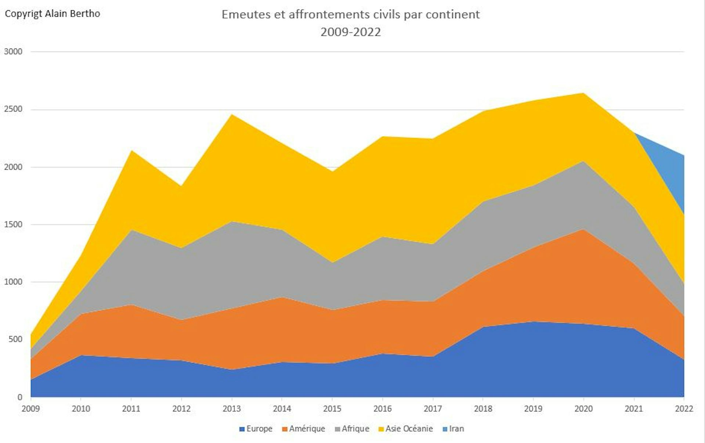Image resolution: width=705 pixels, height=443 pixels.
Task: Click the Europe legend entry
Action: point(256,429)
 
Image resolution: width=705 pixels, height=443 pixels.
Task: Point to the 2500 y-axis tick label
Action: point(13,109)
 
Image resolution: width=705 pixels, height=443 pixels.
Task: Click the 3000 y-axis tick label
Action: point(13,51)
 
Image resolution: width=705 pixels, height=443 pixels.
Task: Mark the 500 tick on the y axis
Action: point(15,339)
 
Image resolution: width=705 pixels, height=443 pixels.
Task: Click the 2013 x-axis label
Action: point(232,408)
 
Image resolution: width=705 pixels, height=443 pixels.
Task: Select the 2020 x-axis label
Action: point(583,408)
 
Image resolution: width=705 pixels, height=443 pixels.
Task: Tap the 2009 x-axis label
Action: point(31,408)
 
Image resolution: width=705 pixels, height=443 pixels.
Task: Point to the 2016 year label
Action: point(383,408)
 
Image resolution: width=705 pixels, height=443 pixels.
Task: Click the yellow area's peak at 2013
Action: point(232,115)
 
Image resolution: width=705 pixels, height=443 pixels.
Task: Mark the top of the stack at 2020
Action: point(583,93)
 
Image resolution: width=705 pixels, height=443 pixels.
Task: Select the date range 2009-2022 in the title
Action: point(350,32)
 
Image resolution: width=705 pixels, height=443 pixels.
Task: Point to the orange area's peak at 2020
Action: point(583,230)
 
